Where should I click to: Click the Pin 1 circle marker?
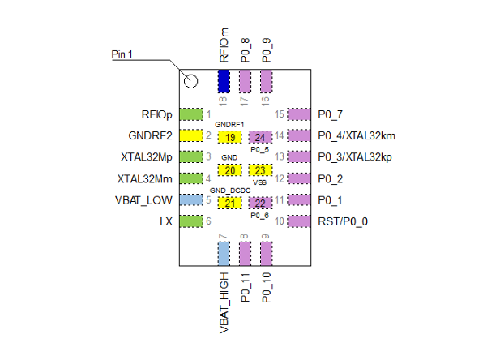[191, 80]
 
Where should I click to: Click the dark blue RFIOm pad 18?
[224, 81]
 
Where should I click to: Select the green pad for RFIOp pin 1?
[190, 114]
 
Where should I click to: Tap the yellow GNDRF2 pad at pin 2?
[190, 135]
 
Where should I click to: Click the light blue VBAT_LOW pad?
[190, 199]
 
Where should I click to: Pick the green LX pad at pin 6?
[190, 221]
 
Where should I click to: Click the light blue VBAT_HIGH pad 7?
[224, 253]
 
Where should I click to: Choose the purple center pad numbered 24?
[260, 136]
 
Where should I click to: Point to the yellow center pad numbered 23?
[260, 170]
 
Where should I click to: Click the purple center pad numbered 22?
[260, 203]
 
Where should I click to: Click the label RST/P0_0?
[349, 221]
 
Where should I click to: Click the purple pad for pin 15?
[299, 114]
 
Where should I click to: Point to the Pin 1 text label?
[122, 54]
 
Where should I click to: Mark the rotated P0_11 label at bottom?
[246, 288]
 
